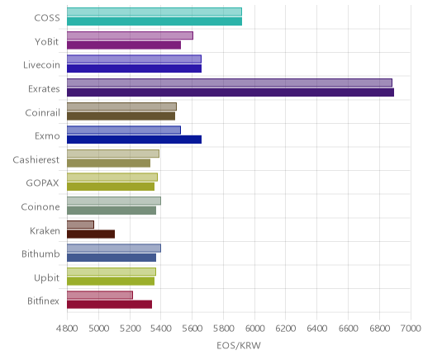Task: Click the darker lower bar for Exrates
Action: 231,92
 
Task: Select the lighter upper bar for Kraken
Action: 80,225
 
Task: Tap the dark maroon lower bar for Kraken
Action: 91,234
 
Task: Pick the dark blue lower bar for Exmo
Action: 134,140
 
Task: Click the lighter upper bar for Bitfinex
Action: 100,295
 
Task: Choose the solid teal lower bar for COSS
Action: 154,21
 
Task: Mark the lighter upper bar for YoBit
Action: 130,36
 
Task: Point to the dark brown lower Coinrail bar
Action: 121,116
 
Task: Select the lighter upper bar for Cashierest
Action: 113,154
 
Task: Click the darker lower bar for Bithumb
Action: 112,258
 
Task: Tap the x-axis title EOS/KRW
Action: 239,345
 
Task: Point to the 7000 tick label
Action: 411,329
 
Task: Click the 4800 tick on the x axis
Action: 67,329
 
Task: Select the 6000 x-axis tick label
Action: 254,329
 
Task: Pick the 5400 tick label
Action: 161,329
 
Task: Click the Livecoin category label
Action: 41,65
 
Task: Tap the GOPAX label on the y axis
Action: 42,183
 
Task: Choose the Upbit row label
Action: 46,278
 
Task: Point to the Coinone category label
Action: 40,206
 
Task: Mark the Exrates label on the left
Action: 44,89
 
